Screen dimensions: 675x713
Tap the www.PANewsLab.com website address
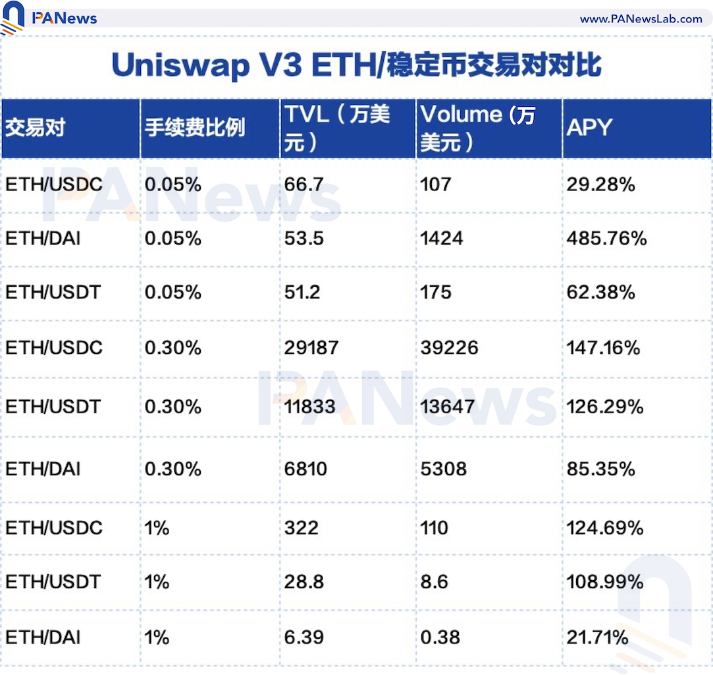click(x=641, y=19)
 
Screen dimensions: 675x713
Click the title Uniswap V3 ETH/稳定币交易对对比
click(x=356, y=66)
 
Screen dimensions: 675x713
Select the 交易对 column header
click(x=36, y=128)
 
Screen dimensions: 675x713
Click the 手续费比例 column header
click(x=195, y=128)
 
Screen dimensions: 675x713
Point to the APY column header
click(x=589, y=128)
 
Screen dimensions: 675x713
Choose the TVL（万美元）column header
click(x=337, y=128)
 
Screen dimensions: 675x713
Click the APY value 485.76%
click(x=606, y=238)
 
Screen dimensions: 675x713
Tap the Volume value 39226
click(x=450, y=347)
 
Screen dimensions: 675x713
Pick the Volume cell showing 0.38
click(x=436, y=637)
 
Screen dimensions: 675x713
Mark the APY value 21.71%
click(x=597, y=637)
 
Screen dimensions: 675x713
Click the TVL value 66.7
click(x=304, y=185)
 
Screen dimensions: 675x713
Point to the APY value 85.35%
click(x=600, y=469)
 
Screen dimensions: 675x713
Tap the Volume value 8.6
click(x=435, y=582)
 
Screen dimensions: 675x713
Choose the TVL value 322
click(x=301, y=528)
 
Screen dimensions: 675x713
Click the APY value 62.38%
click(x=600, y=292)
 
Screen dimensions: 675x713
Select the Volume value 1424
click(x=442, y=238)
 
